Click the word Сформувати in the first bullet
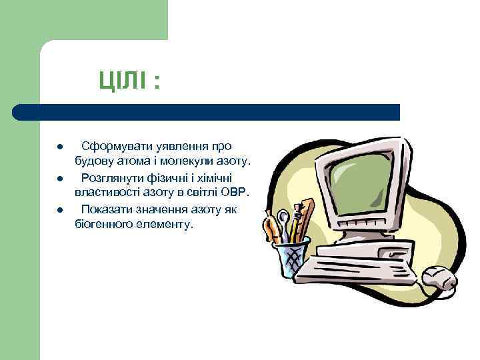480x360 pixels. click(110, 146)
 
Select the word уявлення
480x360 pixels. click(173, 146)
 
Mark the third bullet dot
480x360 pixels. click(59, 211)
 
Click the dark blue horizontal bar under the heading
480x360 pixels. click(207, 112)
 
